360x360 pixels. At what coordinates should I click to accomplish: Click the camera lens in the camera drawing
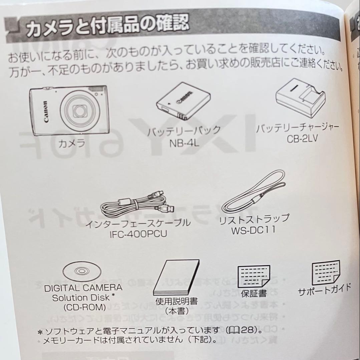pyautogui.click(x=80, y=110)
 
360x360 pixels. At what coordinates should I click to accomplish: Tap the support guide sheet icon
pyautogui.click(x=325, y=271)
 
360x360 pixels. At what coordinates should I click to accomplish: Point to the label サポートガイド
pyautogui.click(x=324, y=290)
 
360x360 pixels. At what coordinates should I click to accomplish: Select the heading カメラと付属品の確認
pyautogui.click(x=107, y=27)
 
